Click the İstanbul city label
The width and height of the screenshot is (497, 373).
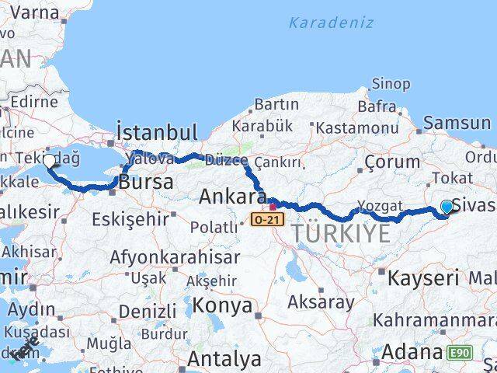[x=157, y=131]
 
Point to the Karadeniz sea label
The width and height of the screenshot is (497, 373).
[x=331, y=22]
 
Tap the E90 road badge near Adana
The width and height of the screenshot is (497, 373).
[x=460, y=353]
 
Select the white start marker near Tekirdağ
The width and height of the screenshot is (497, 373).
[x=50, y=161]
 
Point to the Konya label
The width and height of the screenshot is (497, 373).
[x=222, y=305]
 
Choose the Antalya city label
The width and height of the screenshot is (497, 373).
[x=224, y=359]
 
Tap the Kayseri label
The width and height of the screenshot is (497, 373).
[x=423, y=277]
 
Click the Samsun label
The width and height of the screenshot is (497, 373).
[x=457, y=123]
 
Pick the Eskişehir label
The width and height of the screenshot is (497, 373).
[x=129, y=220]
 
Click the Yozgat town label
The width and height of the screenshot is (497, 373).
[x=381, y=207]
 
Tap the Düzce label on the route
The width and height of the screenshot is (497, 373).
[x=225, y=159]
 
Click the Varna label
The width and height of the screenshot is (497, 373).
[x=31, y=12]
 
